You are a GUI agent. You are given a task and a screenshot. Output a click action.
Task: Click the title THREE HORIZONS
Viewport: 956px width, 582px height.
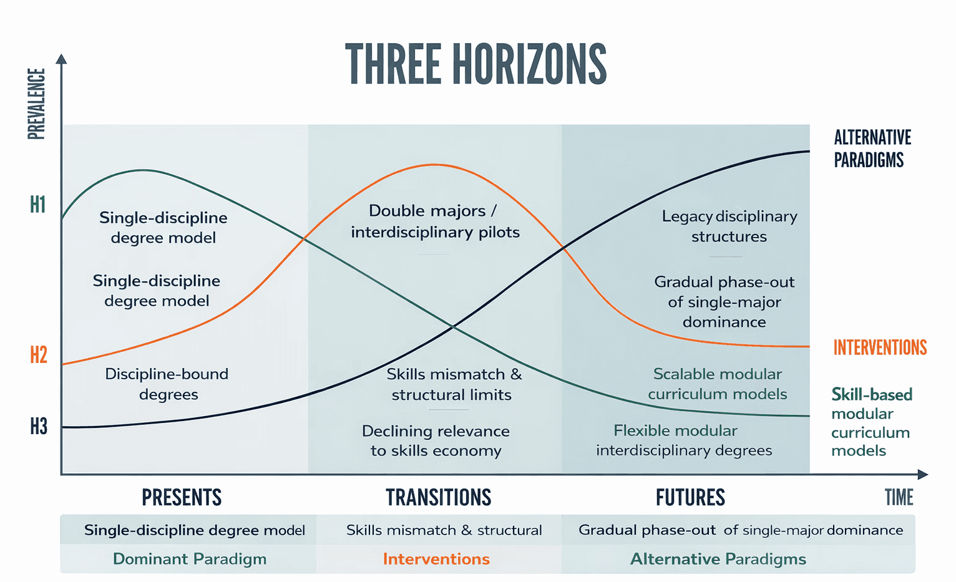476,64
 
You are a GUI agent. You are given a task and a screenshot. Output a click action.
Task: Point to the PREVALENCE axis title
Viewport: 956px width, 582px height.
37,104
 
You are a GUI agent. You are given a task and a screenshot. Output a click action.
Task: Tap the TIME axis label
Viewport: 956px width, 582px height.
899,497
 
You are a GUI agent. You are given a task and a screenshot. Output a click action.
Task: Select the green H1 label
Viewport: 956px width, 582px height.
38,205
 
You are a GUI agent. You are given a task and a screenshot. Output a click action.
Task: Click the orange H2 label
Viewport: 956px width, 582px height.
39,355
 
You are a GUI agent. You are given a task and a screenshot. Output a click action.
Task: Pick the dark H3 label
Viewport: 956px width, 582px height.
39,427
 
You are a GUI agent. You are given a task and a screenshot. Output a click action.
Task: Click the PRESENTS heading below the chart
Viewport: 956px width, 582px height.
182,497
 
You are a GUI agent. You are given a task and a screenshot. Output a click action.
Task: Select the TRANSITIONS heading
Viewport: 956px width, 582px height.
438,497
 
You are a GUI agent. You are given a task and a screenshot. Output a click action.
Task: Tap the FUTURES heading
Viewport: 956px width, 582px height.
690,497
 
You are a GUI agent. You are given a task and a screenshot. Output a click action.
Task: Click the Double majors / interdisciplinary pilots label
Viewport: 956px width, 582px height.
435,221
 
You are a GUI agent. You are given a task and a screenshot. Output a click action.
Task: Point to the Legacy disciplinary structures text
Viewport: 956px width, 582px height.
729,226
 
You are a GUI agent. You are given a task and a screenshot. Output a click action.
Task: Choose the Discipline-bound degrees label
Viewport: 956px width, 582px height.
167,384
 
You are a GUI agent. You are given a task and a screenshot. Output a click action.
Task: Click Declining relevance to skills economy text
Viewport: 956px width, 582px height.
436,441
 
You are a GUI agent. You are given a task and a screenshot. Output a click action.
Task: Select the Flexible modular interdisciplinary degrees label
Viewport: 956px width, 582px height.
684,440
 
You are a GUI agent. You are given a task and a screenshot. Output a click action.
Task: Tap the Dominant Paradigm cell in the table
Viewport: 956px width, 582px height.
190,559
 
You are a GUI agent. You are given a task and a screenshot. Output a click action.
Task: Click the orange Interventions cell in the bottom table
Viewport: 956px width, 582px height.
436,559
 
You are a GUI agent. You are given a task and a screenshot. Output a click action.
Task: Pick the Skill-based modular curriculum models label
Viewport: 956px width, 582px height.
871,422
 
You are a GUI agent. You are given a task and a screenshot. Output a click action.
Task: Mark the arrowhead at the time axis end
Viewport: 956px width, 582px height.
923,475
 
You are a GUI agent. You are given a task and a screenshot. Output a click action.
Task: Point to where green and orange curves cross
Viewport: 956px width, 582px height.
305,238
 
